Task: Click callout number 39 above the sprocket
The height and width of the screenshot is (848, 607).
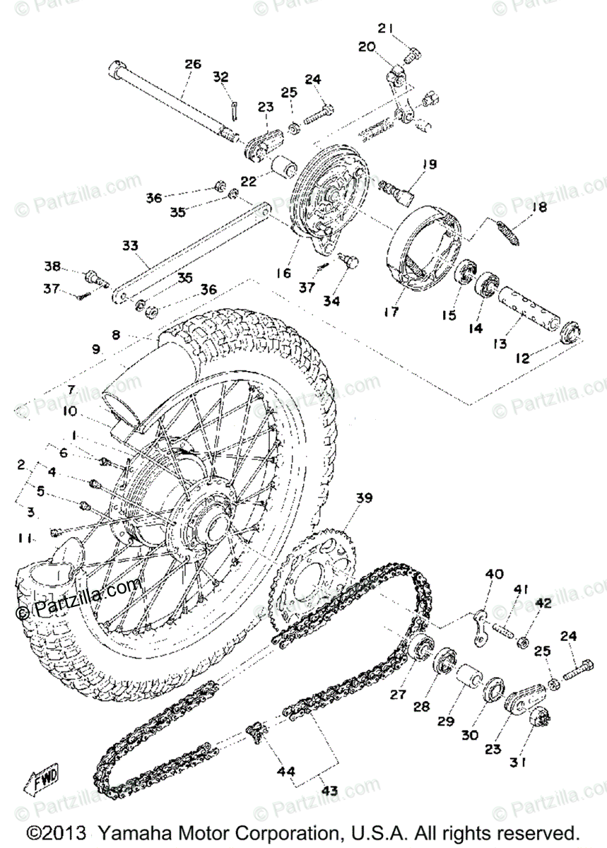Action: coord(363,499)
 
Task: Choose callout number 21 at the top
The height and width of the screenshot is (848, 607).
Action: coord(385,28)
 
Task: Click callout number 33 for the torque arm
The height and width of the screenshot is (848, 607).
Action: coord(129,246)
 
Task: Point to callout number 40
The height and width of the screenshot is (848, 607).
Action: coord(494,574)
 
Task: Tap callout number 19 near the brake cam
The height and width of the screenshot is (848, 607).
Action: coord(430,165)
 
